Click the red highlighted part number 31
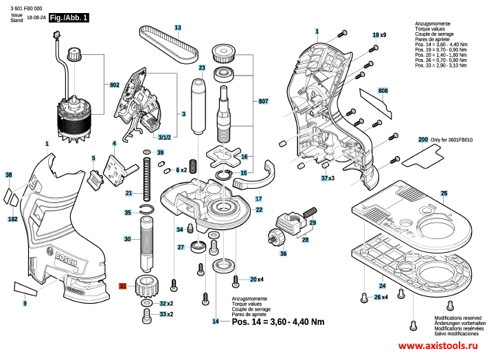pos(123,286)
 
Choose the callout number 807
pos(263,101)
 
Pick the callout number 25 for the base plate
pos(444,193)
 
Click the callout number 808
pos(383,91)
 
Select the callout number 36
pos(283,254)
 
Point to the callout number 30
pos(128,239)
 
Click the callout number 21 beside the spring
pos(128,194)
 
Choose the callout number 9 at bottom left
pos(25,303)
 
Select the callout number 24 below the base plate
pos(381,286)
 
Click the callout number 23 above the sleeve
pos(202,69)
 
